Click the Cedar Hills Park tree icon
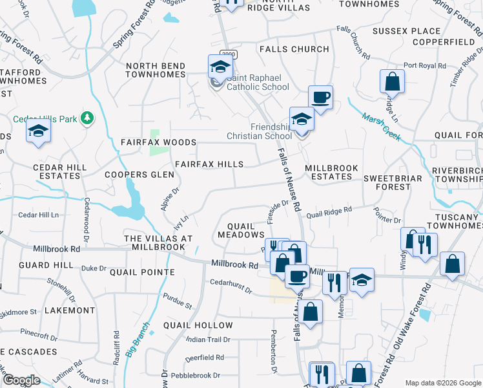coord(88,118)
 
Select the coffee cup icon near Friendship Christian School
coord(320,98)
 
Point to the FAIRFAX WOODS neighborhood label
coord(158,142)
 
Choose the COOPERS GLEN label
coord(139,175)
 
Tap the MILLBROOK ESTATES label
coord(331,172)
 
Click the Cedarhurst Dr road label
coord(231,286)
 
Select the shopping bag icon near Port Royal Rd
coord(391,82)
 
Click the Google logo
coord(22,380)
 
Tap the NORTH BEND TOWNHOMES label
coord(155,70)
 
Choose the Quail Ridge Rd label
coord(329,211)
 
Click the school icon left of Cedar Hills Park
coord(38,131)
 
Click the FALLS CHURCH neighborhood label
coord(294,49)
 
